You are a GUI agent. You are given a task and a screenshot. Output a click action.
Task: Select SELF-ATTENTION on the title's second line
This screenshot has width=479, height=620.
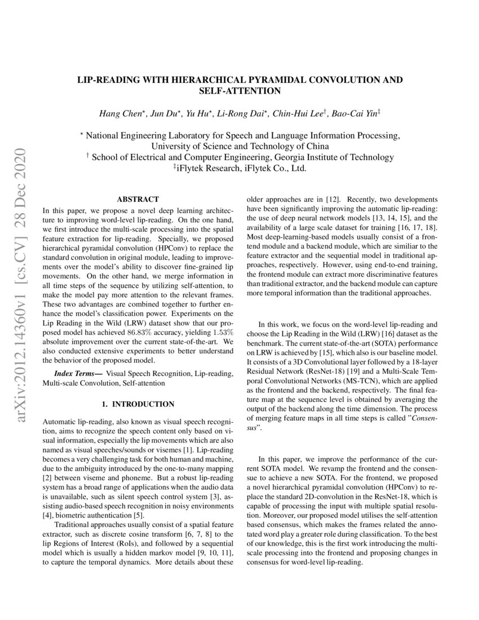click(x=239, y=90)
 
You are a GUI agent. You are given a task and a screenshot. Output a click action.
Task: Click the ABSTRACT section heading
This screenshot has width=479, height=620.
click(x=138, y=199)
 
